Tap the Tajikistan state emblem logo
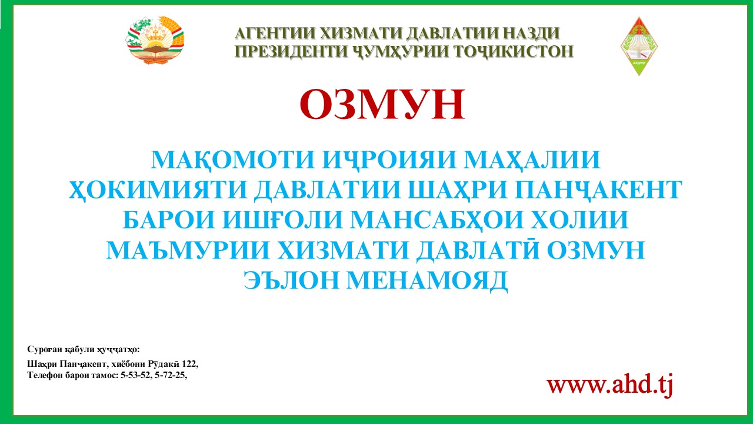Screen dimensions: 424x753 [x=155, y=41]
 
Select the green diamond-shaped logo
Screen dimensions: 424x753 [x=639, y=46]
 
